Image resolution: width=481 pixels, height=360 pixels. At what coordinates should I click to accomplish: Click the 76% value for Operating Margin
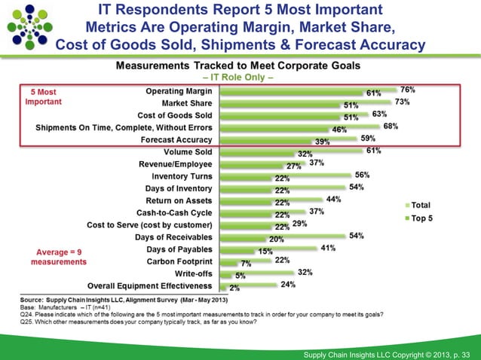(x=409, y=90)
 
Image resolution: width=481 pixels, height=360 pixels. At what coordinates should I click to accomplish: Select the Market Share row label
(x=187, y=102)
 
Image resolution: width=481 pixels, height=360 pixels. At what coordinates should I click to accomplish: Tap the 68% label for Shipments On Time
(x=391, y=126)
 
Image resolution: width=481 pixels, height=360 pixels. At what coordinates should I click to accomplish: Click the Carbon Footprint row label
(x=176, y=261)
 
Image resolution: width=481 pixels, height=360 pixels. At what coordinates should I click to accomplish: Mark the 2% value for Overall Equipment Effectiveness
(x=234, y=288)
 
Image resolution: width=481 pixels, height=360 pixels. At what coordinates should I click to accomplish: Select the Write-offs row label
(x=193, y=273)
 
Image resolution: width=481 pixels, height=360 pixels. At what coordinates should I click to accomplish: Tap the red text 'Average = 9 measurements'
(x=58, y=256)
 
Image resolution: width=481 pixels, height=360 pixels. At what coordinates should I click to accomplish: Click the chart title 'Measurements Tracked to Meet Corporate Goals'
(x=237, y=66)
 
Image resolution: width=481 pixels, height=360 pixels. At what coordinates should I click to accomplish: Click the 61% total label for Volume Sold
(x=373, y=151)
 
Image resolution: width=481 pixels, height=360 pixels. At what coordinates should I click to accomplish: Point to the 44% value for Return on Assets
(x=333, y=200)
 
